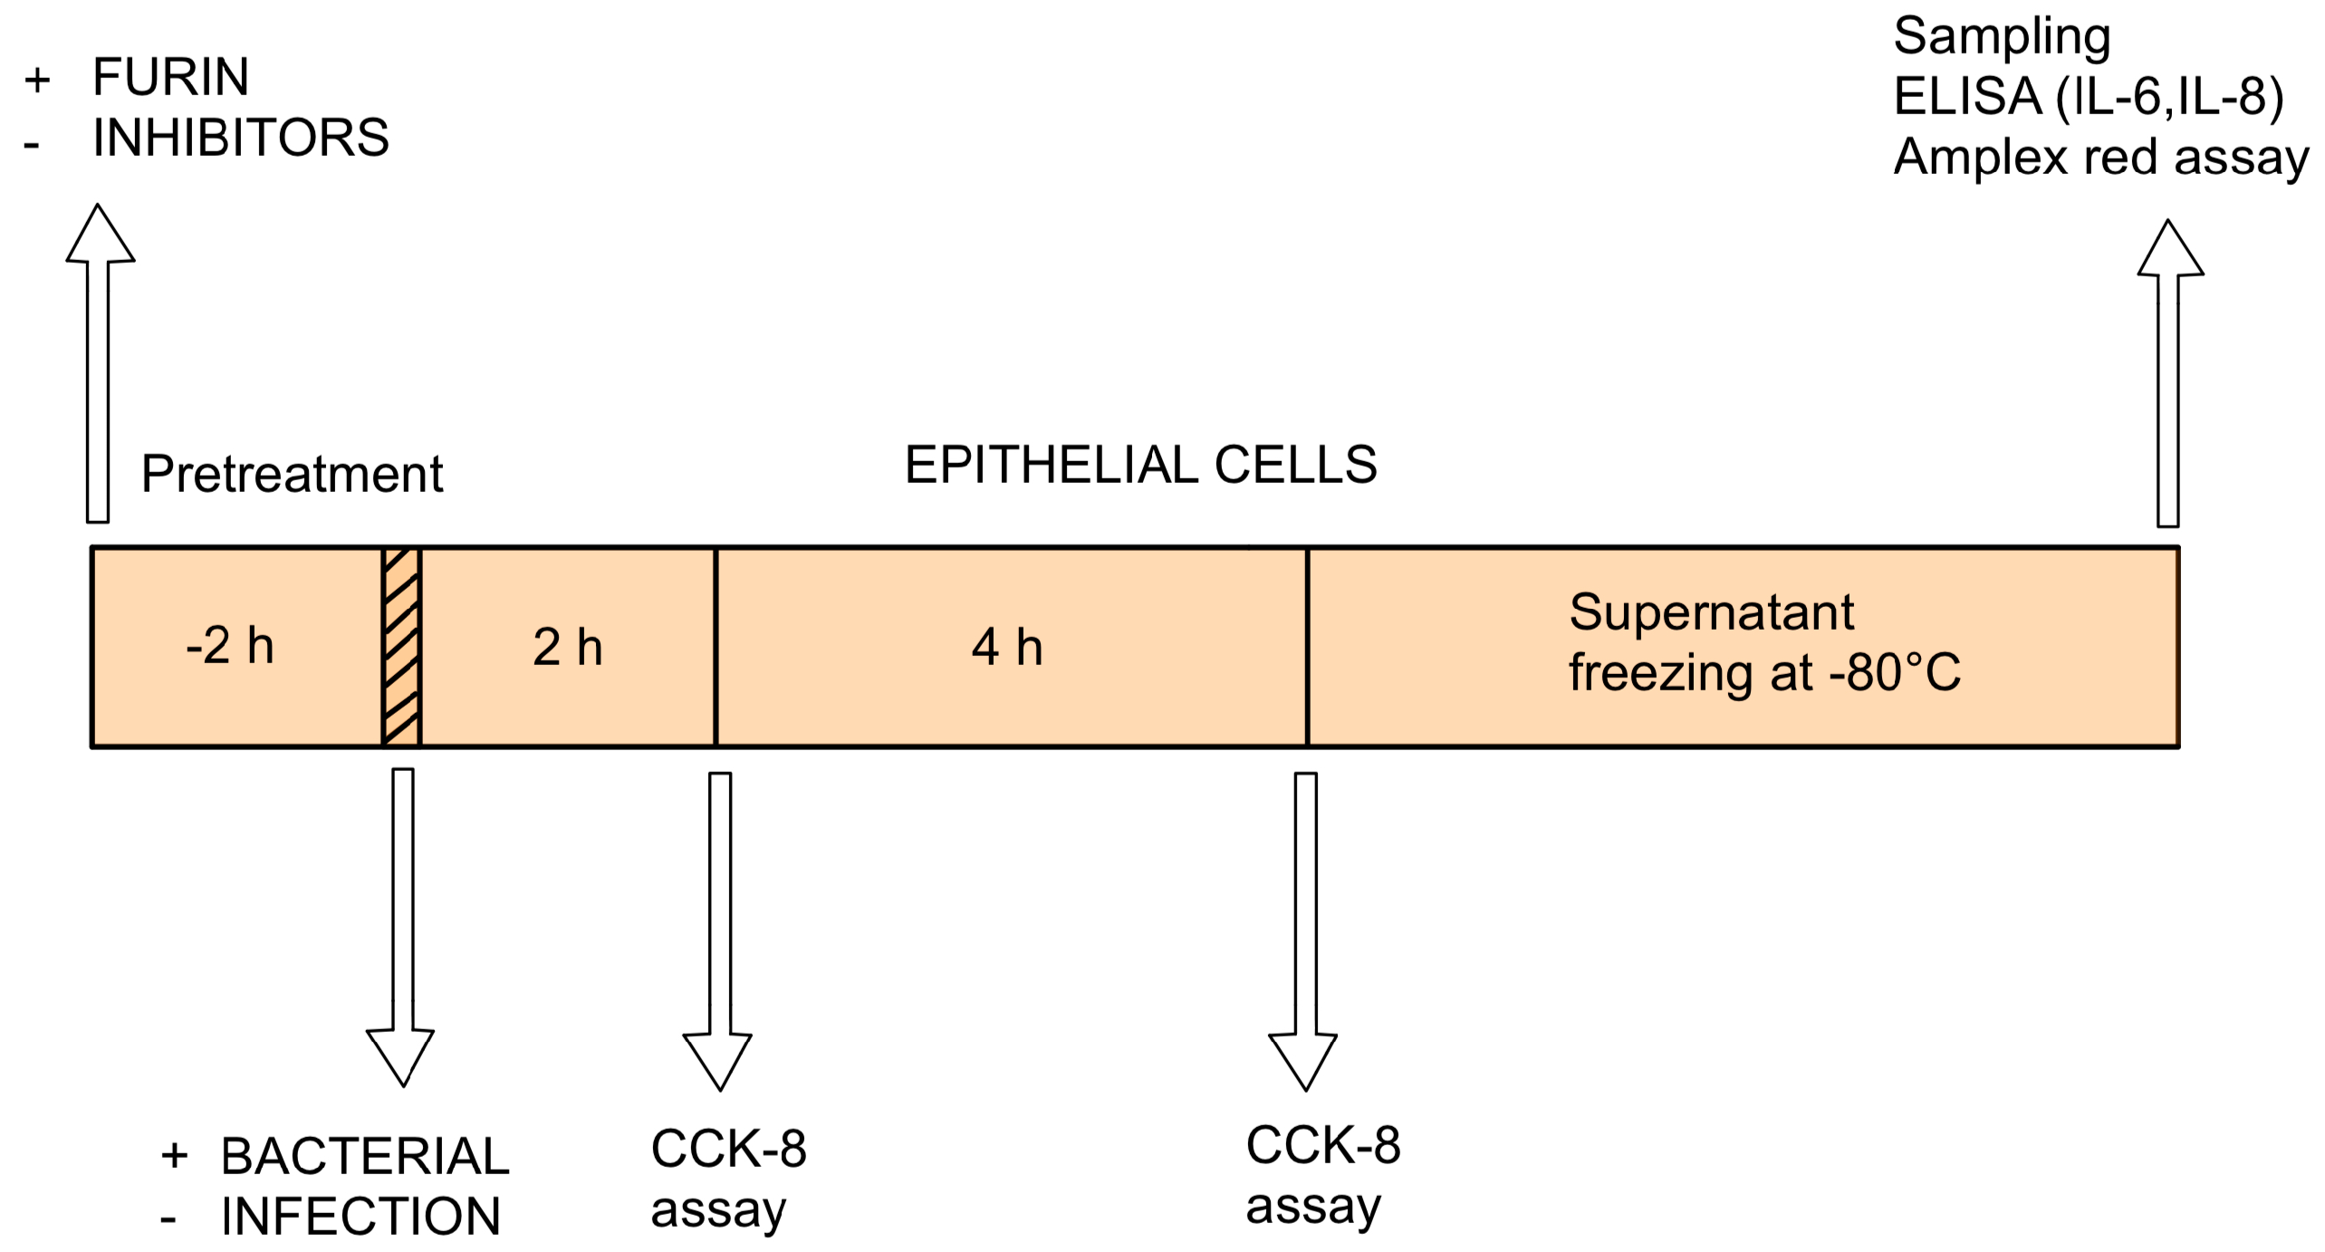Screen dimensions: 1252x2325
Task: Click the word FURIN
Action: click(x=170, y=76)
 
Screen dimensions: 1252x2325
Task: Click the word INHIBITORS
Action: click(x=240, y=138)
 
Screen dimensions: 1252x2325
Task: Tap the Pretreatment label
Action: click(x=292, y=473)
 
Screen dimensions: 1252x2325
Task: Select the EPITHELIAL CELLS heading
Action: click(x=1140, y=465)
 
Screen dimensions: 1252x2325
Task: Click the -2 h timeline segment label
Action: click(x=229, y=647)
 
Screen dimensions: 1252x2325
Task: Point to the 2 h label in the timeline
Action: click(x=567, y=647)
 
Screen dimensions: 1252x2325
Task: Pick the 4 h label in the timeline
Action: click(x=1006, y=647)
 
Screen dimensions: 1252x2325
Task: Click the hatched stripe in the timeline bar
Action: click(x=401, y=647)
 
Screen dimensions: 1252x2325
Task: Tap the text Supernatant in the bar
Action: click(x=1711, y=612)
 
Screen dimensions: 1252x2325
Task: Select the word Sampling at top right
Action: click(x=2002, y=36)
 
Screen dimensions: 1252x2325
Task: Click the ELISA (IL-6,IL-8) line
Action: click(x=2088, y=96)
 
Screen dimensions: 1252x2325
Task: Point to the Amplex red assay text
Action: click(x=2100, y=157)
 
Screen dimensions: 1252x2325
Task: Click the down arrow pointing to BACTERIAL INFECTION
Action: click(x=401, y=924)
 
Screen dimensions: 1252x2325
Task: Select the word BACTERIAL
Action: click(x=365, y=1156)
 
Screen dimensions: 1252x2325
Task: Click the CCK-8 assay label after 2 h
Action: click(x=727, y=1178)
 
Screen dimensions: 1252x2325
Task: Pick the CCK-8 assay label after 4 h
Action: click(x=1322, y=1174)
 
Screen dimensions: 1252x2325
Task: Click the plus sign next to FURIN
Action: click(x=37, y=80)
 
